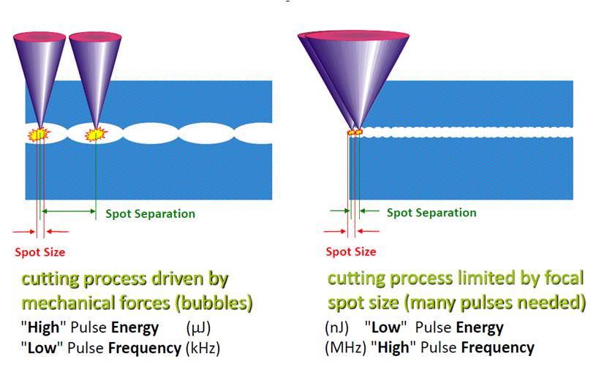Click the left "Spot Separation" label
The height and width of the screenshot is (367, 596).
click(150, 214)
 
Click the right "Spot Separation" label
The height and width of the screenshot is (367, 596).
click(431, 213)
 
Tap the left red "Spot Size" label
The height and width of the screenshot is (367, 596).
click(40, 252)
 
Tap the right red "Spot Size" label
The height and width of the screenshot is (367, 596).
click(351, 251)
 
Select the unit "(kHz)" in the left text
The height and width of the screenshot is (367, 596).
click(203, 346)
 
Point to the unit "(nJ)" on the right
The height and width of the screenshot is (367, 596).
click(336, 327)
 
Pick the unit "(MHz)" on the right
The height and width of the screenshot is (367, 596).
click(344, 347)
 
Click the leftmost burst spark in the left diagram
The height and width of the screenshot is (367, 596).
click(39, 134)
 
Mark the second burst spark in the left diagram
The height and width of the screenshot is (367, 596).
click(94, 135)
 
